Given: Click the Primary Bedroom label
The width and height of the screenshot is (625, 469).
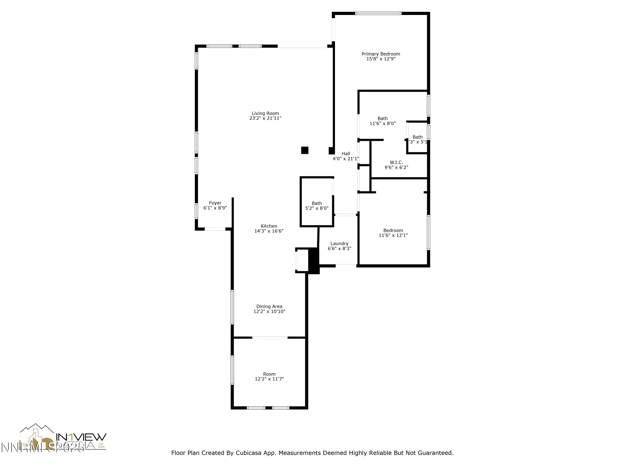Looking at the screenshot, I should click(x=381, y=54).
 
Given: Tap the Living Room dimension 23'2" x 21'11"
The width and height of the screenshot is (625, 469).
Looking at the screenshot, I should click(x=265, y=118).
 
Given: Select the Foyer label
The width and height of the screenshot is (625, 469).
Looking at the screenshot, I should click(x=215, y=203).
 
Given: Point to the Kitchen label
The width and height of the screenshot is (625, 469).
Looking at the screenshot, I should click(x=269, y=226).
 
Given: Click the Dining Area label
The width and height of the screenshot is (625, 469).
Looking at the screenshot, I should click(x=269, y=306).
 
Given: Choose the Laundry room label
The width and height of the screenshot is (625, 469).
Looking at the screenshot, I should click(x=339, y=244).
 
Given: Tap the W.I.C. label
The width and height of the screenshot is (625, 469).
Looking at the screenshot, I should click(x=396, y=163).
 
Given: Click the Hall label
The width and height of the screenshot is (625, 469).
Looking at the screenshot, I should click(x=346, y=154).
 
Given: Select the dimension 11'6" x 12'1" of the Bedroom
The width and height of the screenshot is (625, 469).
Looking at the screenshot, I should click(x=393, y=235).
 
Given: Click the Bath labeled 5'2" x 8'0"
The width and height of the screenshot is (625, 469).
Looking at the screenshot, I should click(x=317, y=204).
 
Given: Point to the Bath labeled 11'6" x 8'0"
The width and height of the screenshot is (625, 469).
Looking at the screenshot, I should click(x=382, y=119).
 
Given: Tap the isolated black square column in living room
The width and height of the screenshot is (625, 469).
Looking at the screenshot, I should click(x=305, y=150).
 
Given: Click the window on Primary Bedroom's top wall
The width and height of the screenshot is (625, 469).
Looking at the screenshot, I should click(x=378, y=13).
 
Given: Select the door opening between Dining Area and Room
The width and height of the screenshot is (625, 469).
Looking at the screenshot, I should click(x=270, y=338).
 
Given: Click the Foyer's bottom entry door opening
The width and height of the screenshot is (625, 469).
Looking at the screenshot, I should click(x=215, y=229).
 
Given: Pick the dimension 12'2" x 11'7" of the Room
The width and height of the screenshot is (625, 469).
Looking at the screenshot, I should click(x=269, y=379).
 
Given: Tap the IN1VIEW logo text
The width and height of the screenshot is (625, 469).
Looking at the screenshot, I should click(x=81, y=436).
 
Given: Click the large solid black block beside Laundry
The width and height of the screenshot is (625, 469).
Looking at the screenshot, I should click(x=313, y=261).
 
